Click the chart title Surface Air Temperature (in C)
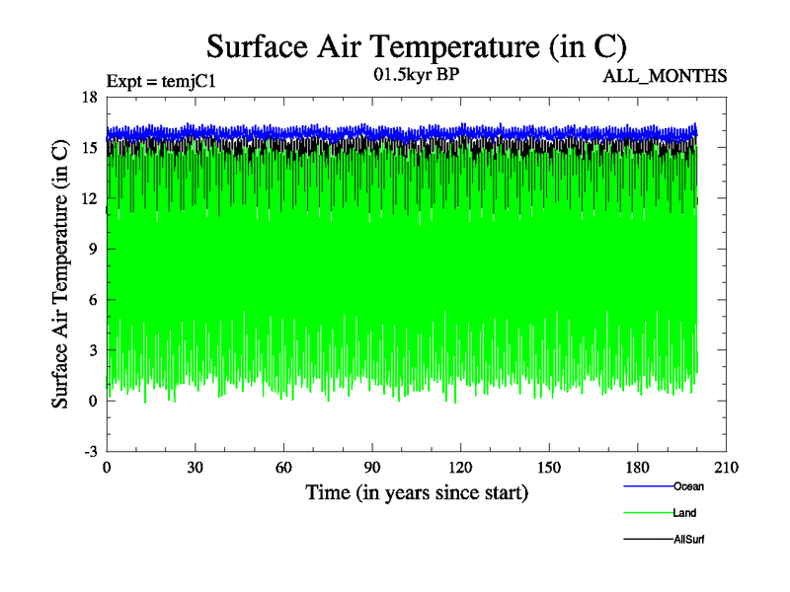click(x=416, y=47)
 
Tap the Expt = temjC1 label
click(x=161, y=81)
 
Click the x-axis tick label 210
click(x=727, y=468)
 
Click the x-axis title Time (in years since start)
click(x=417, y=491)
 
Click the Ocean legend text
click(x=688, y=486)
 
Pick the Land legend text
click(x=685, y=513)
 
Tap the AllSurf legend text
click(x=689, y=540)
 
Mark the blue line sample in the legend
click(x=648, y=486)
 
